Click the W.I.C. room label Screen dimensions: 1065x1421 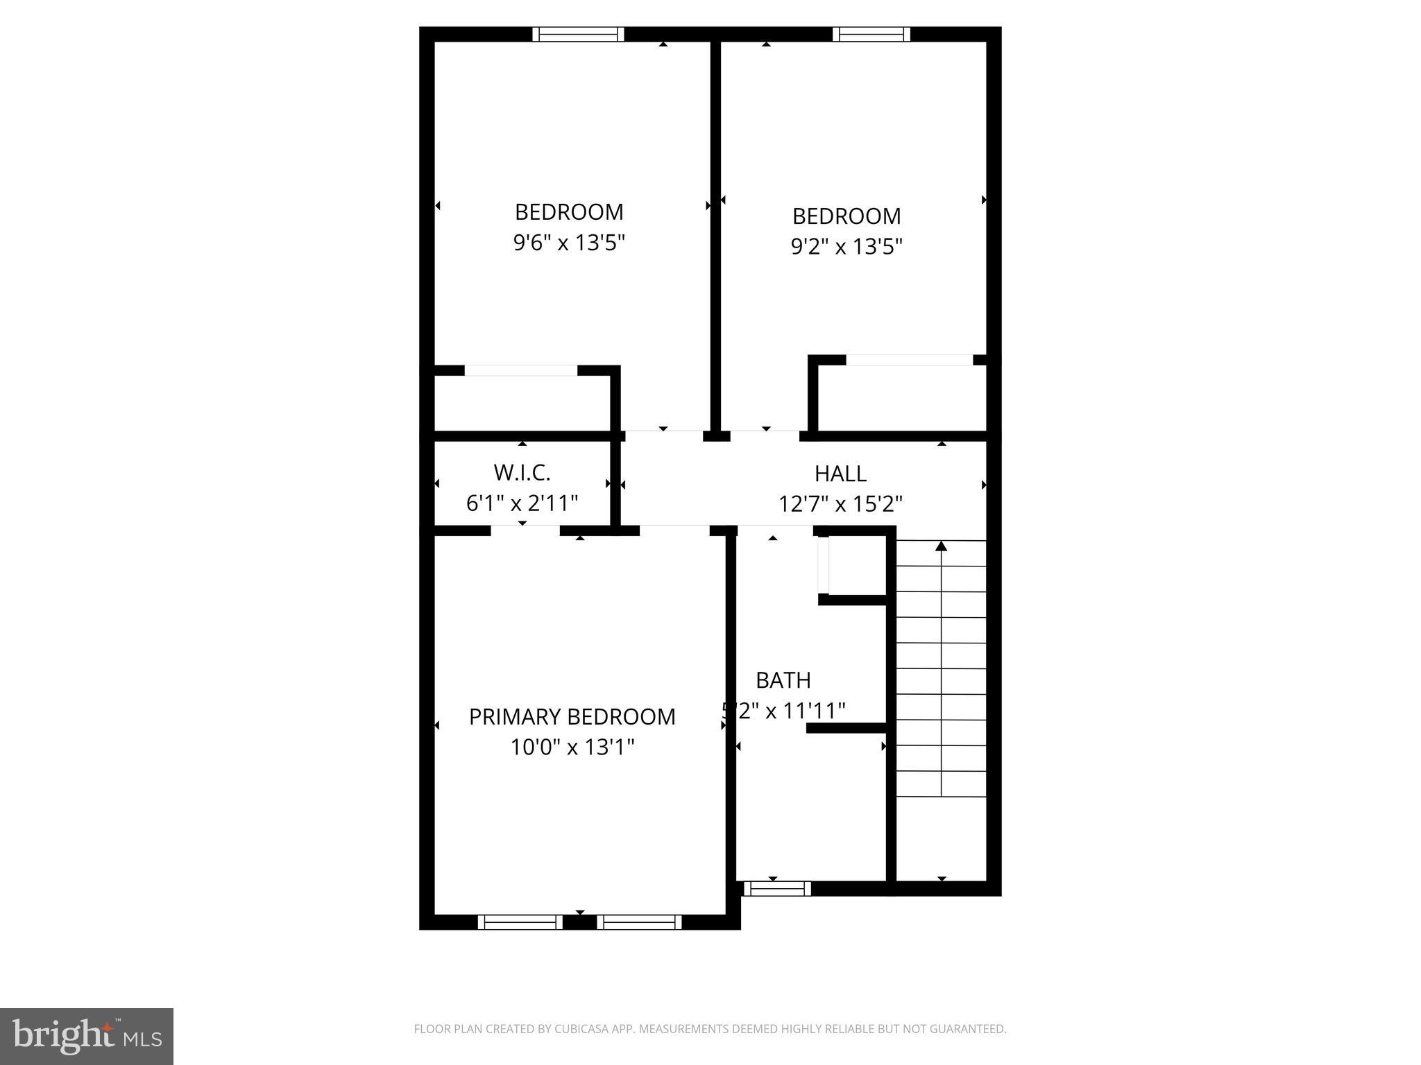522,473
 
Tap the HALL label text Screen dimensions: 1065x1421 840,474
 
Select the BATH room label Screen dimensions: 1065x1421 783,680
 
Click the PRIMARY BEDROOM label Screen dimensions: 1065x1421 572,717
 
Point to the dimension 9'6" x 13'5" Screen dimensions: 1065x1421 569,243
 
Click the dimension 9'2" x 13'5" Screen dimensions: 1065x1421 846,247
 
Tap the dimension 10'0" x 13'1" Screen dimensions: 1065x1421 572,747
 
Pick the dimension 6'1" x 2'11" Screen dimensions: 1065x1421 522,503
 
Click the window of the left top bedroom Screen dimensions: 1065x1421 578,34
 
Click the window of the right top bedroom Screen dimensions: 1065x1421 871,34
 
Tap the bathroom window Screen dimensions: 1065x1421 777,888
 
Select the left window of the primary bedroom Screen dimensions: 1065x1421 520,922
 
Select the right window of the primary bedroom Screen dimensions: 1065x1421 639,922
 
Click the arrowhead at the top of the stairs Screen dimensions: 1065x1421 941,546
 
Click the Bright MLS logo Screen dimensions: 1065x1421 87,1035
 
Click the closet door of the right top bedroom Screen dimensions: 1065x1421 909,360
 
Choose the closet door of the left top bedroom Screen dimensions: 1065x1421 520,370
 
